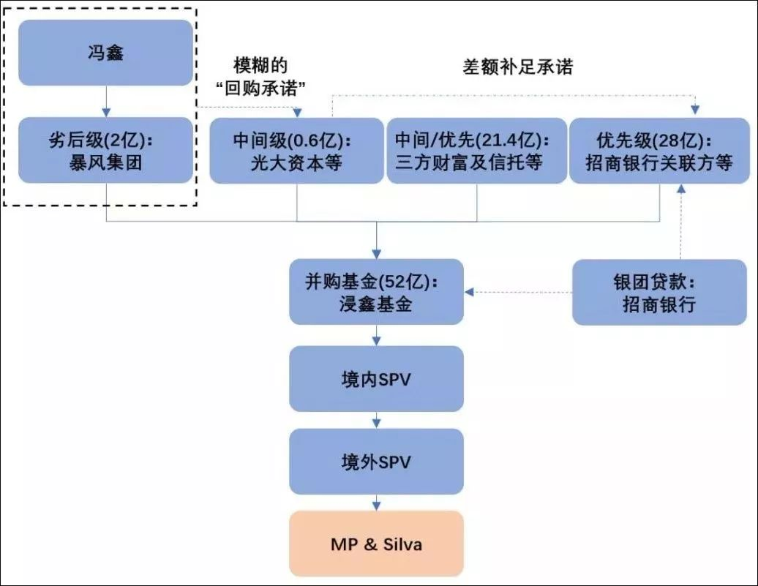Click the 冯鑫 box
tap(105, 53)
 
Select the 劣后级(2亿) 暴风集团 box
tap(105, 150)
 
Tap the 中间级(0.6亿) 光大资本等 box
tap(296, 150)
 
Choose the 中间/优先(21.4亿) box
tap(476, 150)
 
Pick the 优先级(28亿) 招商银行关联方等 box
tap(659, 150)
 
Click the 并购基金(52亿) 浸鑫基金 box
tap(376, 291)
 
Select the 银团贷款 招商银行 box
tap(659, 292)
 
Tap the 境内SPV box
tap(376, 378)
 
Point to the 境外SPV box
tap(376, 462)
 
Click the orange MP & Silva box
tap(376, 544)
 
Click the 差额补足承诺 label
tap(517, 67)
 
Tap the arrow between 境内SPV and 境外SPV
tap(376, 420)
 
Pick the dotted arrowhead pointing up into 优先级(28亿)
tap(682, 189)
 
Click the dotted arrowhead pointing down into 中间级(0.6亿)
tap(296, 112)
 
